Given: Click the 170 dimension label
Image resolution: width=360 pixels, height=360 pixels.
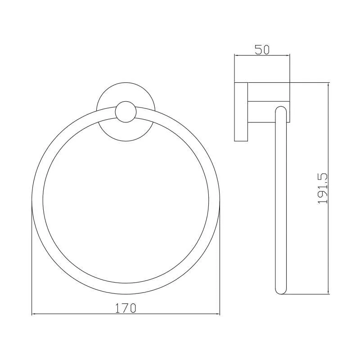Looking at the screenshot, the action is point(126,308).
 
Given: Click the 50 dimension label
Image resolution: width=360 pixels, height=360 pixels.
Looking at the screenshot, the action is point(262,50).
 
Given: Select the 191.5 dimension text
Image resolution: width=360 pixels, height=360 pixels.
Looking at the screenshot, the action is point(323,189).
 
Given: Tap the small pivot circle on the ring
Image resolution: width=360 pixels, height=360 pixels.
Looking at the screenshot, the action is point(126,112).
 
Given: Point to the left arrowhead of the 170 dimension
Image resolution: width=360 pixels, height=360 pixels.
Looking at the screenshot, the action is point(33,314).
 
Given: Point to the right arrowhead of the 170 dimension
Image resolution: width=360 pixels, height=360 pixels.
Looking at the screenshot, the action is point(218,314).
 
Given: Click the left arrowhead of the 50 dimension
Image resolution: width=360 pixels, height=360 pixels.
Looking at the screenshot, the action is point(236,55).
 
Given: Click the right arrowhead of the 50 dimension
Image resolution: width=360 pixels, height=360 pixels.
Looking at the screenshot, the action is point(288,55).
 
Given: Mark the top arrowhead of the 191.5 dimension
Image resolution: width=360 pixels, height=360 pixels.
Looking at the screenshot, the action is point(328,84).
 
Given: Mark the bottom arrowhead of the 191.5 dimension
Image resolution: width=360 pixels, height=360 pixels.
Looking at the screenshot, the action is point(328,292).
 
